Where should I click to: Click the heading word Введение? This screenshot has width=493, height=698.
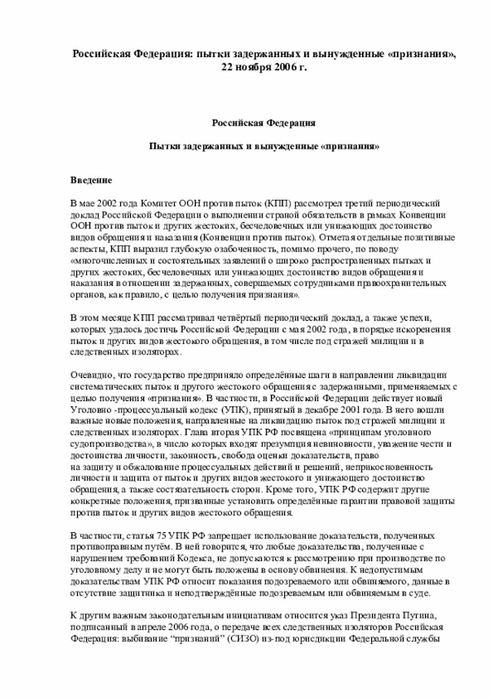click(x=91, y=180)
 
